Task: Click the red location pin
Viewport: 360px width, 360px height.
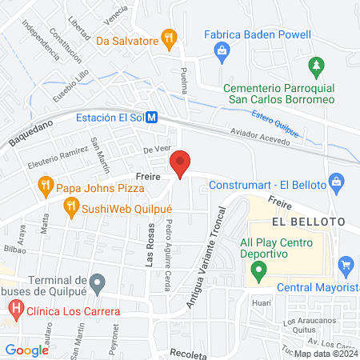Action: (x=181, y=164)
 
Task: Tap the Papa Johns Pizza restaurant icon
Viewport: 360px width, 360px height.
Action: (x=45, y=189)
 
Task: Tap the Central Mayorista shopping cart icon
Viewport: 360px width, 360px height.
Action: (x=346, y=264)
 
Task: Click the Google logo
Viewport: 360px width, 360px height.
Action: (x=26, y=350)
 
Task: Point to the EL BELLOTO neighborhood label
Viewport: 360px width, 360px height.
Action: (x=307, y=221)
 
